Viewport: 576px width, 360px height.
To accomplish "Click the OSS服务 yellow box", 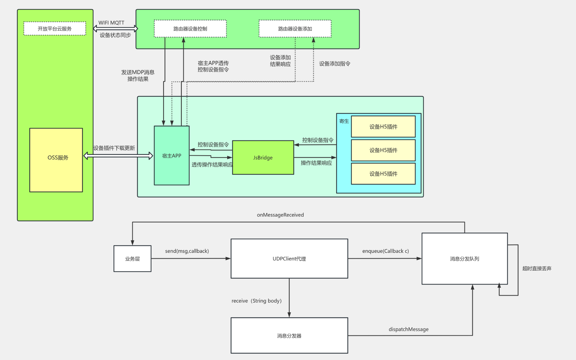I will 56,160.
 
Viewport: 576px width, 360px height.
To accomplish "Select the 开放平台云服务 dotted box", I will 55,28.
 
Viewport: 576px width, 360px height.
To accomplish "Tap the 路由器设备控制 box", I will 190,28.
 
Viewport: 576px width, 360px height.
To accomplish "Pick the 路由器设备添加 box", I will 295,28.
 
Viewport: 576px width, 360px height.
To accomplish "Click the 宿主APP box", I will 172,155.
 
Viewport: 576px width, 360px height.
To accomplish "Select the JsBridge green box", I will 263,157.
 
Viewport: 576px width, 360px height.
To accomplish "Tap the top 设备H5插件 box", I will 383,127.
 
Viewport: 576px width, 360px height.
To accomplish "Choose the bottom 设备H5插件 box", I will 383,174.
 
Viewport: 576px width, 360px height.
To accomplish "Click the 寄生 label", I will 344,121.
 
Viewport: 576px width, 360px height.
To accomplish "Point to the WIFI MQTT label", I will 111,23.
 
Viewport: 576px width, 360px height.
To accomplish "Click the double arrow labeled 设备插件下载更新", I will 118,155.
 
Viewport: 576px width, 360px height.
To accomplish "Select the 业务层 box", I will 132,259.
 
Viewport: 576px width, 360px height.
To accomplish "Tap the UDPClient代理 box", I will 289,259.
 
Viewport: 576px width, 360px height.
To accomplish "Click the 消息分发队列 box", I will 464,259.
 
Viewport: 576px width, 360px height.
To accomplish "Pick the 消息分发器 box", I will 289,335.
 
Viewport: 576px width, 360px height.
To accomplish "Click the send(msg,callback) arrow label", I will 187,251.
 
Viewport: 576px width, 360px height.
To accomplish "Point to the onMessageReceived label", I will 280,215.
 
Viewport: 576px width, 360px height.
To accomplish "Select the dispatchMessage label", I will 408,329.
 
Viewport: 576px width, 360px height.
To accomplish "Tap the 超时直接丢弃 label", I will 537,268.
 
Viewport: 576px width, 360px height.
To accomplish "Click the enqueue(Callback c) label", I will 385,251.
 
